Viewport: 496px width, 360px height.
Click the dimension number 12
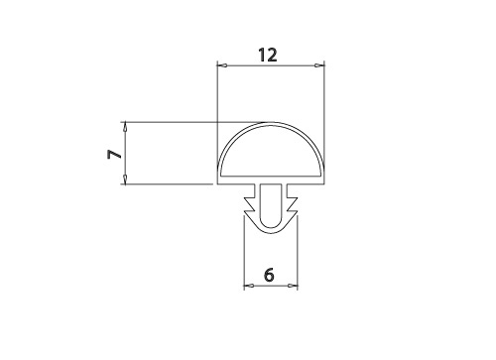point(268,56)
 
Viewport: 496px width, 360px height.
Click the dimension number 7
point(114,154)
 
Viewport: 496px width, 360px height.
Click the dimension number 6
point(269,275)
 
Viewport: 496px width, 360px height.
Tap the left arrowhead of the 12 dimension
point(222,65)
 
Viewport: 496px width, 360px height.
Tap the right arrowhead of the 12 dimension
point(319,65)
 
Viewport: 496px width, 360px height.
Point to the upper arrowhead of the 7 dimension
point(125,127)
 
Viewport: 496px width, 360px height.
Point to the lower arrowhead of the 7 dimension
point(125,179)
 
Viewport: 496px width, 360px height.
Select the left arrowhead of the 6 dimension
point(249,286)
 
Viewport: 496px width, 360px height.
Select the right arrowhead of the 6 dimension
point(293,286)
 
